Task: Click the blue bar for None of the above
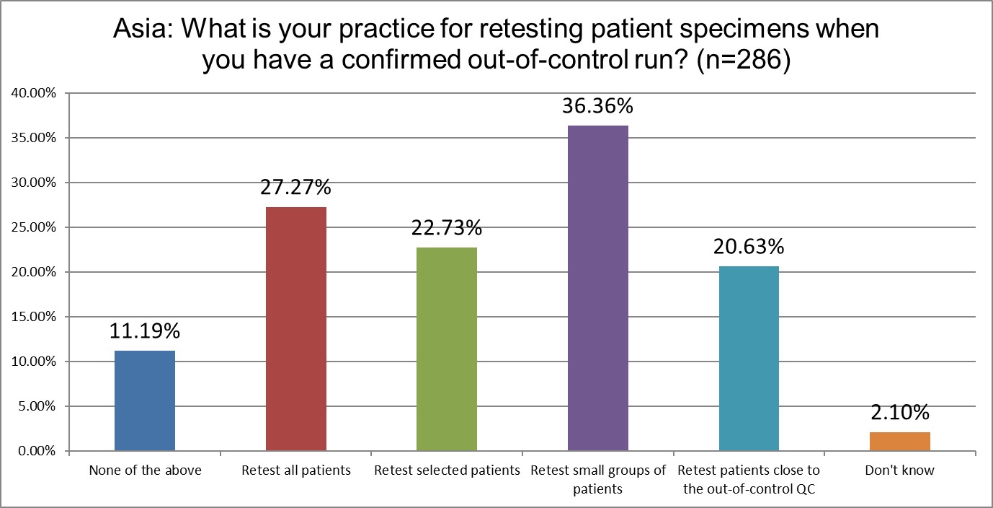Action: point(145,401)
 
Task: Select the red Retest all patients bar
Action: point(296,329)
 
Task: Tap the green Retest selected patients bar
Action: point(447,349)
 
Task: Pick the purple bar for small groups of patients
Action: point(597,289)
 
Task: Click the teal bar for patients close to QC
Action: point(749,359)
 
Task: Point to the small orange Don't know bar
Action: point(899,442)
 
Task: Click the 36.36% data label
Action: point(597,106)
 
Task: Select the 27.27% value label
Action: point(296,188)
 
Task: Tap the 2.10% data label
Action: point(899,413)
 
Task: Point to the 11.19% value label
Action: point(145,331)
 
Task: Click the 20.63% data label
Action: point(749,247)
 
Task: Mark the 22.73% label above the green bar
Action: point(447,228)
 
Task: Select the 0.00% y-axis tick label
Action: point(36,452)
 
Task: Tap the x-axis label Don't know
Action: point(899,470)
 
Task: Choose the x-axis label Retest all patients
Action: point(296,470)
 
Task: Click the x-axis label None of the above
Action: point(145,470)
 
